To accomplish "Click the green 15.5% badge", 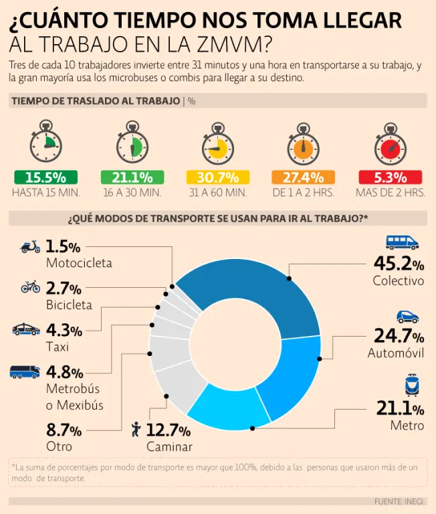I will point(45,177).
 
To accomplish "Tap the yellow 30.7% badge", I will point(217,177).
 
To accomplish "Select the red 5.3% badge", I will point(391,177).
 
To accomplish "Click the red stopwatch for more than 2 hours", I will point(391,145).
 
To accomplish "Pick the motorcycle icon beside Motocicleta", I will point(30,246).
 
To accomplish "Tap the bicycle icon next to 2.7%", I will point(30,287).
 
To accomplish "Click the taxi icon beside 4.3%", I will point(26,329).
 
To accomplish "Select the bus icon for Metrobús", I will point(25,371).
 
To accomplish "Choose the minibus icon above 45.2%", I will point(402,242).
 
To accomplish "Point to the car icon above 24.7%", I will point(407,316).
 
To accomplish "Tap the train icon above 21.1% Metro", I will point(411,386).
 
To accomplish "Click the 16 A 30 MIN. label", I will point(132,193).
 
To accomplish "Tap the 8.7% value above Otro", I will point(64,430).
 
